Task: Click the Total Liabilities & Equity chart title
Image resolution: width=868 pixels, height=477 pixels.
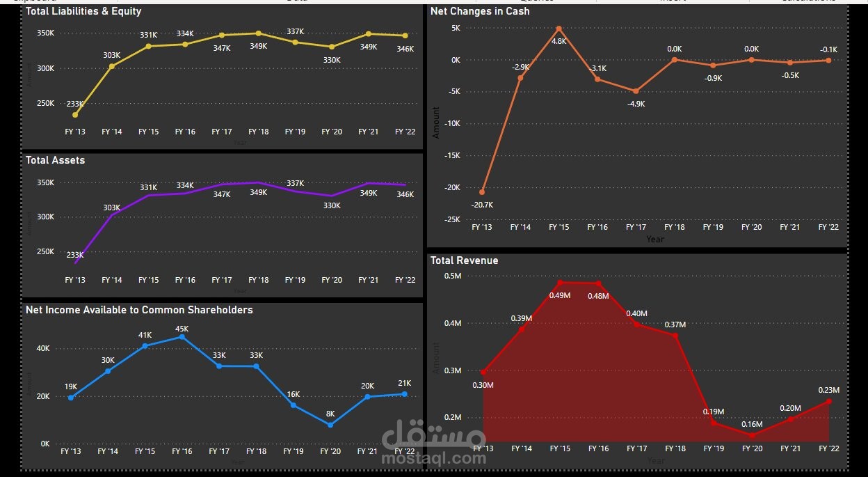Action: click(83, 11)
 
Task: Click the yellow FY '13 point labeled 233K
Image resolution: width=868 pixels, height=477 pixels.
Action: click(75, 115)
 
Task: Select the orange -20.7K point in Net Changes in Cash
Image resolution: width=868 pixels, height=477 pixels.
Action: click(482, 192)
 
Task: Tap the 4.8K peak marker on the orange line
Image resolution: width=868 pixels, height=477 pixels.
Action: click(558, 29)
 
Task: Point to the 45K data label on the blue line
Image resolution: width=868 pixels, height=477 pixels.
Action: click(182, 329)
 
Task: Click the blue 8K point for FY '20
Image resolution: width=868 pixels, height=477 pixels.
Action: click(330, 425)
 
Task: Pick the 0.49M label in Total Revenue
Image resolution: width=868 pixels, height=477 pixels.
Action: click(559, 295)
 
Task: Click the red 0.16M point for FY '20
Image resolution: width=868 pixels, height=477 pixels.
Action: click(752, 436)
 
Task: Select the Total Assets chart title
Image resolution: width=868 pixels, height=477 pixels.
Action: click(55, 160)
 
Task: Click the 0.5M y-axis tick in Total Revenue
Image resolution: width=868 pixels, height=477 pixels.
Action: click(453, 276)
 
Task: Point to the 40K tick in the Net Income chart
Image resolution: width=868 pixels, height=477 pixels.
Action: click(42, 349)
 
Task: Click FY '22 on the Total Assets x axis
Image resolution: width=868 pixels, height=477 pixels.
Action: click(405, 280)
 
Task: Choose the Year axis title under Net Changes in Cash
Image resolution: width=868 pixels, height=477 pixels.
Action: click(654, 240)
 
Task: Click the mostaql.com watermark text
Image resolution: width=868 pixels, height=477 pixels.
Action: click(434, 458)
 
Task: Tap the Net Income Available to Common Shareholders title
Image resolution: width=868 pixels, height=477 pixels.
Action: click(139, 310)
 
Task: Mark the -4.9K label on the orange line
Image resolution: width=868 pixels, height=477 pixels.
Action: click(636, 104)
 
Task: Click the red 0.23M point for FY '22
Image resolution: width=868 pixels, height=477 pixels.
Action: click(828, 401)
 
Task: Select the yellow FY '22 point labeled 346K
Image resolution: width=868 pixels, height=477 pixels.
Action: click(405, 36)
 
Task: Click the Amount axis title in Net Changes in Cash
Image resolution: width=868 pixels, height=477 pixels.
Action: click(436, 123)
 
